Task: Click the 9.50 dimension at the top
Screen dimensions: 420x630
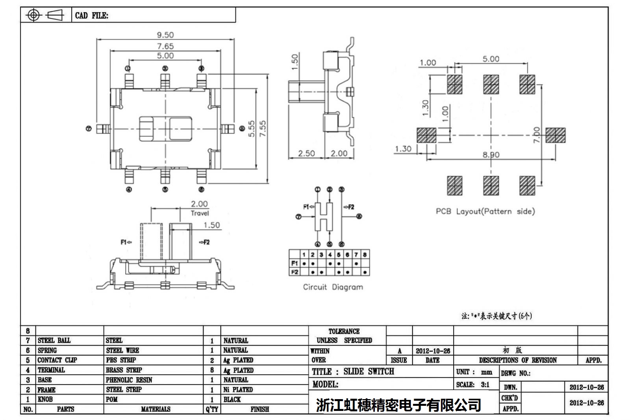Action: coord(165,35)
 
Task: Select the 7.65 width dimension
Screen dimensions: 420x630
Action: coord(165,46)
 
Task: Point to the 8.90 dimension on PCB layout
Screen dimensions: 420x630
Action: coord(491,154)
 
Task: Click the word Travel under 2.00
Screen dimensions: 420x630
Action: coord(200,213)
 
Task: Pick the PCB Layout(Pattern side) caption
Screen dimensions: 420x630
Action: coord(485,211)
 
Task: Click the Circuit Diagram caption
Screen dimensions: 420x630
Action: coord(333,287)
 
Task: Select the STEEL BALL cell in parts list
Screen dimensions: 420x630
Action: coord(54,340)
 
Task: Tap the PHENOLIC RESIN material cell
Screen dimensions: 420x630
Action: coord(129,380)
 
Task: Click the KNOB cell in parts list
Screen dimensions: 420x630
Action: coord(45,399)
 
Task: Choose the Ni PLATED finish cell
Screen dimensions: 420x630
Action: coord(238,390)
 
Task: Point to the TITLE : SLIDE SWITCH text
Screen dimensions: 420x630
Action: coord(353,371)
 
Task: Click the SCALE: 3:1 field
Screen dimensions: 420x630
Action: coord(472,385)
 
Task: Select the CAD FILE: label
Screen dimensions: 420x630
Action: coord(91,16)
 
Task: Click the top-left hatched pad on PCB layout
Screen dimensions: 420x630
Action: coord(454,84)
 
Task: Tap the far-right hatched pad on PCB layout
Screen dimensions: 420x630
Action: coord(556,135)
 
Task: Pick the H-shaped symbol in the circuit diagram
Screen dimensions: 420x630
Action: coord(324,217)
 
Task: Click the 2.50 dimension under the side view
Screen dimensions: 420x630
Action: coord(306,153)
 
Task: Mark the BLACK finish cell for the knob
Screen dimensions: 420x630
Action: coord(232,400)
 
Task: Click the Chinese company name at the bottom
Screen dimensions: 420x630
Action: coord(398,405)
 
